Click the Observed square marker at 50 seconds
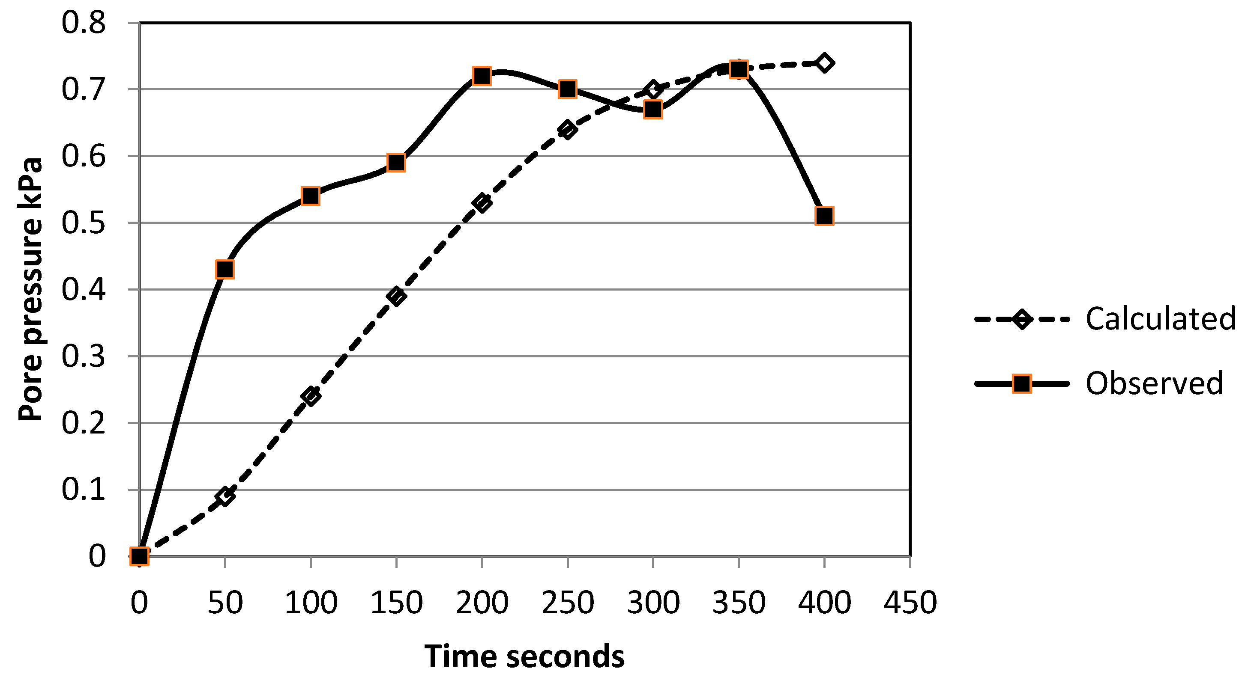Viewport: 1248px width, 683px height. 225,269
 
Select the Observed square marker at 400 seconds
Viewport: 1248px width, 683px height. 824,215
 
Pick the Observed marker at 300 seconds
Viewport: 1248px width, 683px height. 653,110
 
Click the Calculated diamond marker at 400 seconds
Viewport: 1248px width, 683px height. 824,63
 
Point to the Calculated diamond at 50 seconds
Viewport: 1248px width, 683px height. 225,496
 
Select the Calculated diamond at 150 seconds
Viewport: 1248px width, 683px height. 396,296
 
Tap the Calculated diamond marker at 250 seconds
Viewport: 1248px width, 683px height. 567,129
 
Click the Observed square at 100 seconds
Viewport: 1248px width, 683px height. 311,196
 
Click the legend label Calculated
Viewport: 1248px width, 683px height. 1160,319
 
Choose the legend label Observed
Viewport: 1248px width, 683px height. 1154,383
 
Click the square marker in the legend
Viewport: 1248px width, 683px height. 1022,384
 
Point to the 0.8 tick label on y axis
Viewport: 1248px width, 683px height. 84,23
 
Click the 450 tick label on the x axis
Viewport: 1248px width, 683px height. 910,603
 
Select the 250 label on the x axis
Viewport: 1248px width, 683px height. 567,603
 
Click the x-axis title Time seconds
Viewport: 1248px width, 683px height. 524,657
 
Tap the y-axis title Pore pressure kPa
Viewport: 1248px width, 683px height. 30,289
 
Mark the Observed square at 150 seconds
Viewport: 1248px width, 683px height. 396,163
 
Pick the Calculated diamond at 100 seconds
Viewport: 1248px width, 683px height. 311,395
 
